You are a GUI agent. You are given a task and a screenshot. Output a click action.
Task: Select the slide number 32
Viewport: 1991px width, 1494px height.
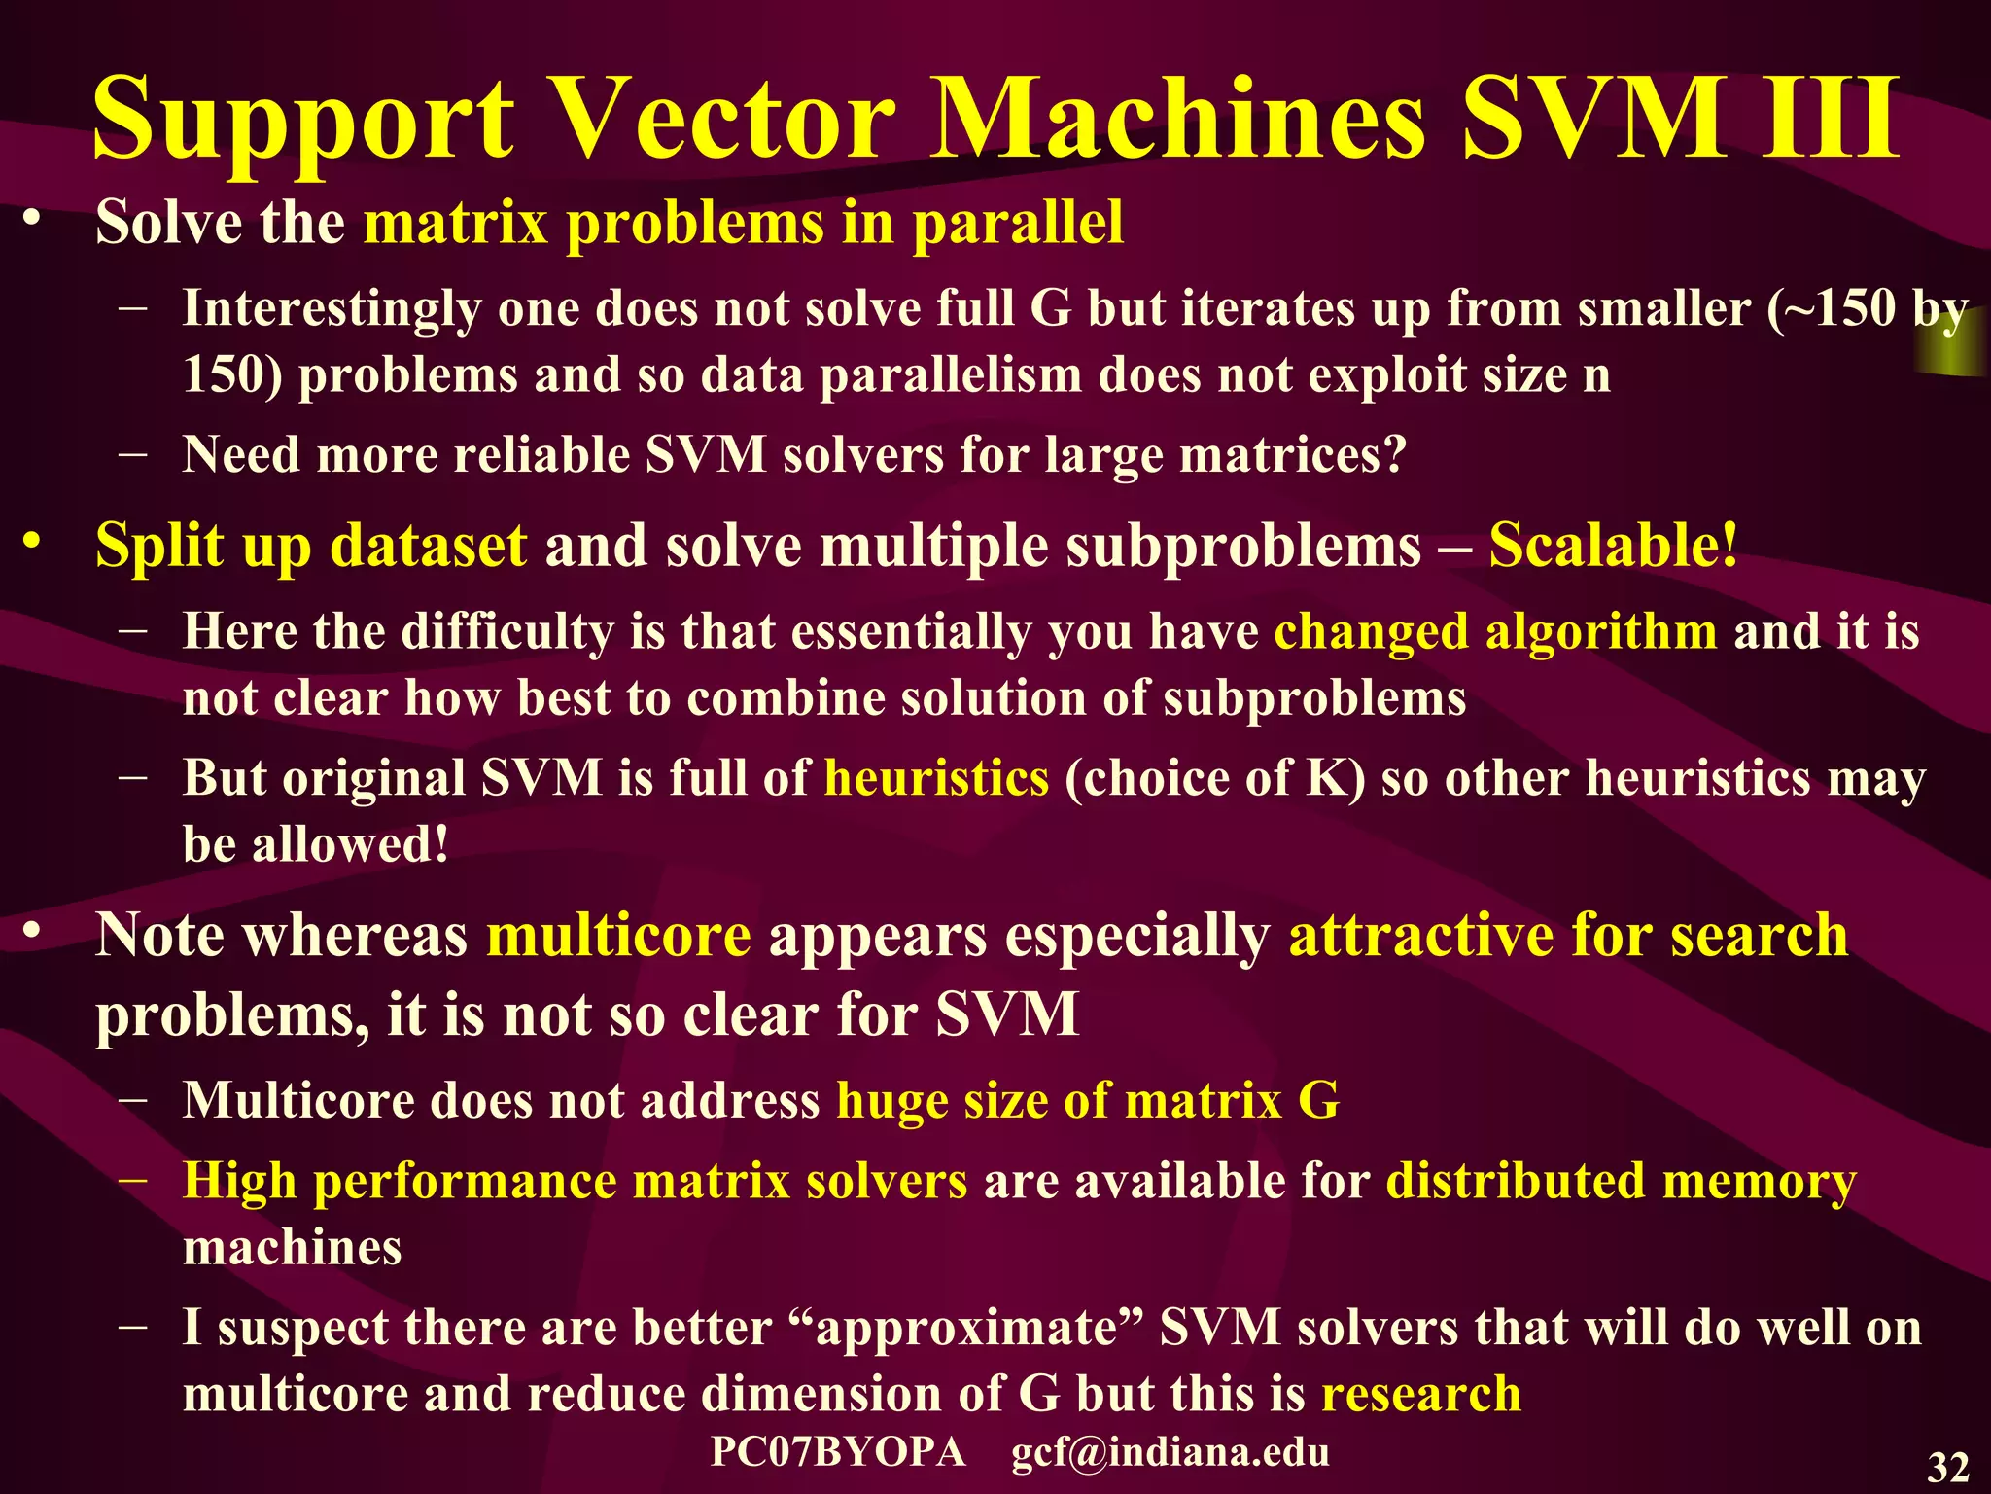[x=1947, y=1467]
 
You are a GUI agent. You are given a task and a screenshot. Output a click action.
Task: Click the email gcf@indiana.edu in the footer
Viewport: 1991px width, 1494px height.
[x=1170, y=1451]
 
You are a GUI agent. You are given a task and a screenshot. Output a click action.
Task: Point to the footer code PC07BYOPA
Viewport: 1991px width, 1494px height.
[x=838, y=1451]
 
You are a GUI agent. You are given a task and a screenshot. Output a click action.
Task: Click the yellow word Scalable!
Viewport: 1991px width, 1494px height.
[x=1614, y=545]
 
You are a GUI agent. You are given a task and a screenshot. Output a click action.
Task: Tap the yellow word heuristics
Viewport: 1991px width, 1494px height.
[x=936, y=778]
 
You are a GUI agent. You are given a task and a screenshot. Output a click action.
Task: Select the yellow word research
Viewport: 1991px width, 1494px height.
[x=1421, y=1393]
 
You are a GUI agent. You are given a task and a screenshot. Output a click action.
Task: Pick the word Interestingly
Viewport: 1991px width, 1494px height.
[x=332, y=309]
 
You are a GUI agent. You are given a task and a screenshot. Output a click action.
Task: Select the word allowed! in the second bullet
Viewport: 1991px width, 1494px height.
[x=351, y=844]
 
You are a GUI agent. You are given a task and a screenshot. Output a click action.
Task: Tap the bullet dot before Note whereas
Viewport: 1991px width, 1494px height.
[x=34, y=931]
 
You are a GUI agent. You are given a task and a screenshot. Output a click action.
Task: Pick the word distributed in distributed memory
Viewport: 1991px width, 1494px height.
[x=1515, y=1181]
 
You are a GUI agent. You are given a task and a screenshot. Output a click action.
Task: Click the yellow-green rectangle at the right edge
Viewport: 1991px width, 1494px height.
[x=1952, y=342]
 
